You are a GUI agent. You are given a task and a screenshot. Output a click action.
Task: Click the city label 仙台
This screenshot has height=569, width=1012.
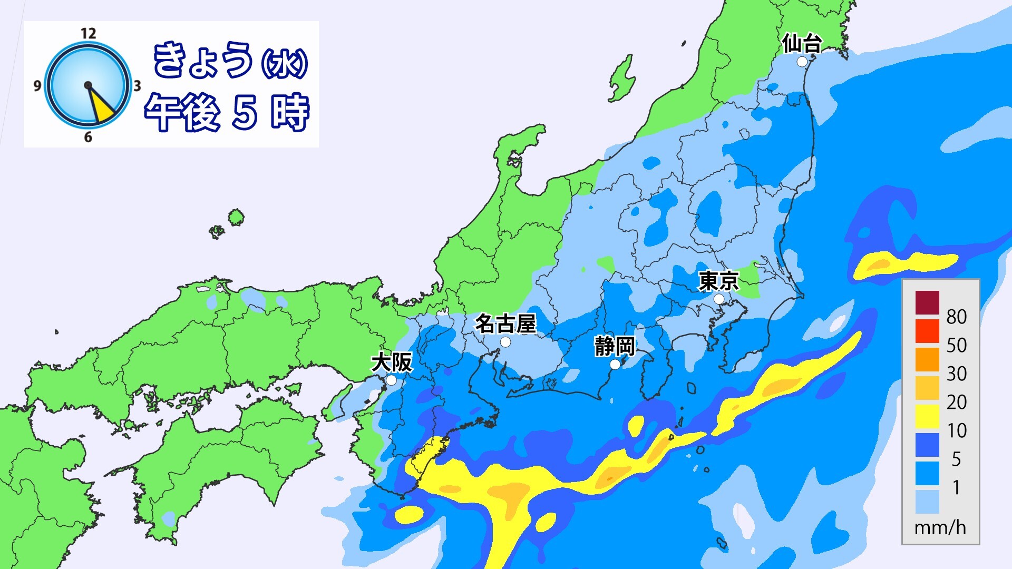tap(801, 44)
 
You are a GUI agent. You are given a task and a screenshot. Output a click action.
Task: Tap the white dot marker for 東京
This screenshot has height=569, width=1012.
tap(719, 299)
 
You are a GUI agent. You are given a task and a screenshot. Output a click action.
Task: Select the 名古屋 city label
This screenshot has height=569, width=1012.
tap(505, 323)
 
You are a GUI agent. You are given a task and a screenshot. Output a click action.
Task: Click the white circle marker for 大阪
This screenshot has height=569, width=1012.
tap(391, 380)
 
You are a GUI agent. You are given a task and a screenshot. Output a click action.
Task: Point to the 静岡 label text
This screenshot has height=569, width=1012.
tap(615, 347)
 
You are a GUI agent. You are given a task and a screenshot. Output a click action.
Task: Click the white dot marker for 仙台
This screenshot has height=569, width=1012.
tap(802, 62)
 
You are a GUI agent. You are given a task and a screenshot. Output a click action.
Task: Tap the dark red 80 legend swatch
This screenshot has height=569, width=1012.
tap(927, 302)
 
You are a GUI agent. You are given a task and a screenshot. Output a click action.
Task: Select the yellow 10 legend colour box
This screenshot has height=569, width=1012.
tap(927, 416)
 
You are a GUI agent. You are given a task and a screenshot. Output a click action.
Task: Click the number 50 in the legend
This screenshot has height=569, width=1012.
tap(956, 345)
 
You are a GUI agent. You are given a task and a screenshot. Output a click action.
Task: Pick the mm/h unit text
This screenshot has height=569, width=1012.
tap(940, 527)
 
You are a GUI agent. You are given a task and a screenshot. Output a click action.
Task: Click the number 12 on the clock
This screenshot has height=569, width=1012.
tap(88, 34)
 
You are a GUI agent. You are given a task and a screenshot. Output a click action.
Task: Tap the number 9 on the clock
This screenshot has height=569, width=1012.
tap(37, 85)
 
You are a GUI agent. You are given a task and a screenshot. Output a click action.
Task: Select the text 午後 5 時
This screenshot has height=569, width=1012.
tap(227, 112)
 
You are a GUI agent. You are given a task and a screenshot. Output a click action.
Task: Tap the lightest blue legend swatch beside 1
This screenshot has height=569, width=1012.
tap(927, 502)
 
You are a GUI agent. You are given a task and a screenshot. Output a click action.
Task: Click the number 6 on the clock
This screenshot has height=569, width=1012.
tap(88, 137)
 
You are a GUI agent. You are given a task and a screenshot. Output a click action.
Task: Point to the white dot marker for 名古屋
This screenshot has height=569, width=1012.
tap(505, 342)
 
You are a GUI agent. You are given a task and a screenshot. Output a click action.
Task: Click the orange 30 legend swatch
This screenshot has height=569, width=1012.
tap(927, 359)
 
